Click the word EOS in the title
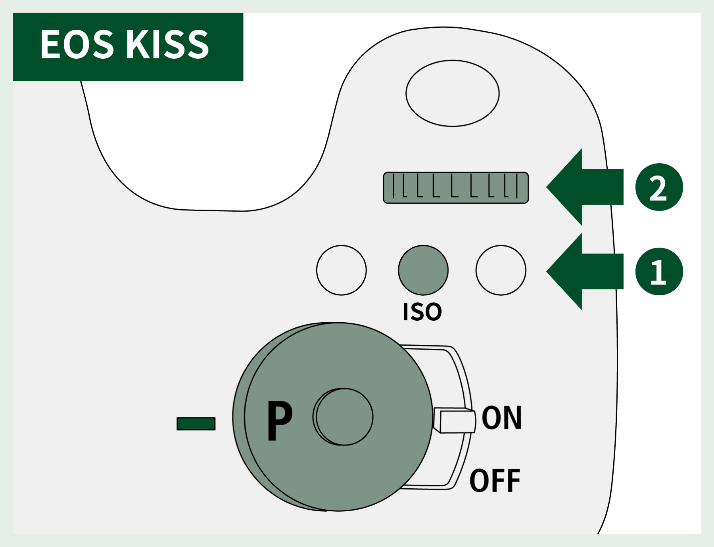pos(77,44)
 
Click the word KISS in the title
pos(167,44)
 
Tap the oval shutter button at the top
pos(453,94)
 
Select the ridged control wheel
pos(456,188)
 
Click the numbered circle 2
pos(659,187)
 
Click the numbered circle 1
pos(659,272)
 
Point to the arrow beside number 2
pos(585,187)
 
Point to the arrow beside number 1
pos(585,272)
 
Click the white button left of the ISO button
pos(342,270)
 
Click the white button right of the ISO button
pos(501,270)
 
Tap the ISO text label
pos(422,312)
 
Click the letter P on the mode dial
pos(280,420)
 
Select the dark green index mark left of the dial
pos(196,424)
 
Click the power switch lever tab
pos(454,420)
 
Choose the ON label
pos(502,418)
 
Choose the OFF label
pos(495,480)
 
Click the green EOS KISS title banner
pos(128,47)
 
